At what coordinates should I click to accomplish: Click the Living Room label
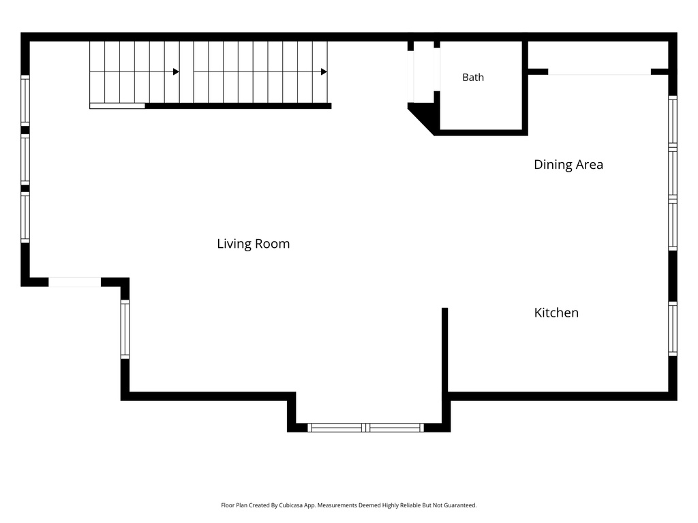[254, 244]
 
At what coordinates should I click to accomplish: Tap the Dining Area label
[568, 165]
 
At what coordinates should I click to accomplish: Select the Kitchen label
[556, 313]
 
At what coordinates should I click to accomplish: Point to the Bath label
[473, 78]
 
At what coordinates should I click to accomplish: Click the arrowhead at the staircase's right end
[324, 72]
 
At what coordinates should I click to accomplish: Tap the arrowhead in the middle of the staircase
[177, 72]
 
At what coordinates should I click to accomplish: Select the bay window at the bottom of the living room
[365, 428]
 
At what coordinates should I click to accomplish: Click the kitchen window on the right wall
[673, 329]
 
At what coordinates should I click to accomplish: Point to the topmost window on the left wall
[25, 101]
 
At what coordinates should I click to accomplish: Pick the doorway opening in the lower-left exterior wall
[75, 282]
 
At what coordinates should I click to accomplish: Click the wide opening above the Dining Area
[599, 72]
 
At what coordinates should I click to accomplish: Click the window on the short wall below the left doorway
[125, 329]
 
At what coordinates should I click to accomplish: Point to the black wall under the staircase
[238, 106]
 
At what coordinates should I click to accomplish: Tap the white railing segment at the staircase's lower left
[117, 106]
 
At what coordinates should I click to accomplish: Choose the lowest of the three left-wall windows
[25, 217]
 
